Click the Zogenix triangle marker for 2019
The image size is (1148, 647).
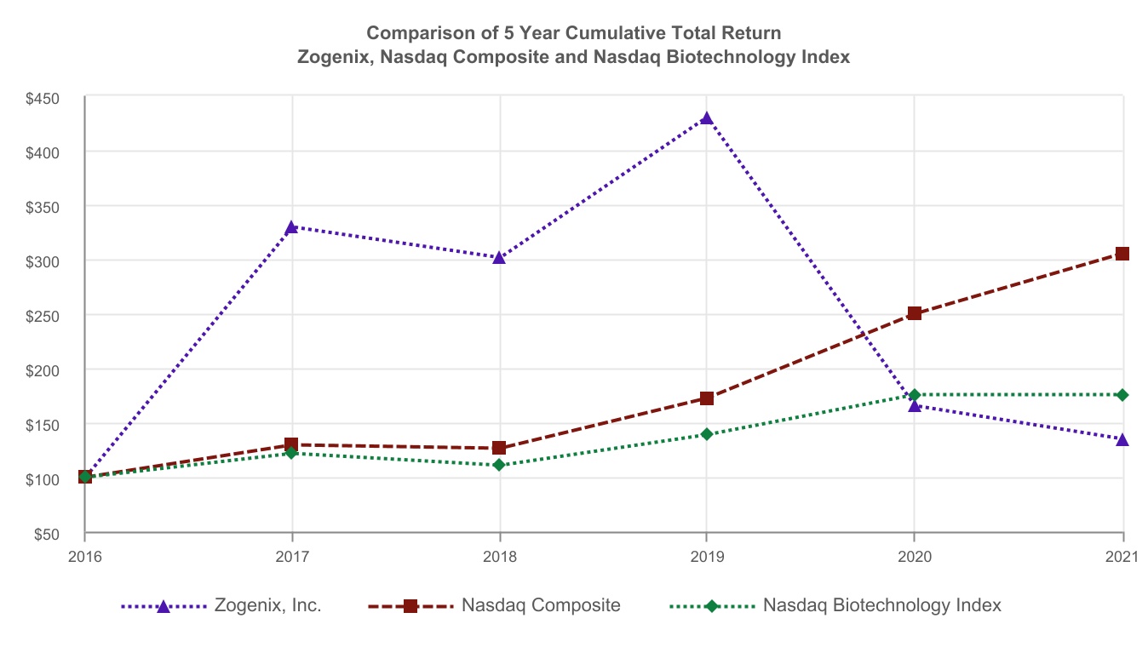[706, 118]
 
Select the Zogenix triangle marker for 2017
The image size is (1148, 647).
[291, 227]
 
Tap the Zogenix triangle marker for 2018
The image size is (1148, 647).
[499, 257]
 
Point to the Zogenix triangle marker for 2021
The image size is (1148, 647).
[1122, 439]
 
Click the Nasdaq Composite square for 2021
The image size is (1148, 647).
[1122, 254]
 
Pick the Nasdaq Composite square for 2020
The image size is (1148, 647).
[914, 313]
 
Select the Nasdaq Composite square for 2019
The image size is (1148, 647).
[706, 398]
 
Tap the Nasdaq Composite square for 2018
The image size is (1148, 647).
[499, 448]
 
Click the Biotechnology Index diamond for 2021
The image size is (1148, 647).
[1122, 395]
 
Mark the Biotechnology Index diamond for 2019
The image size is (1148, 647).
[706, 434]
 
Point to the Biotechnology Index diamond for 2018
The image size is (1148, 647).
[499, 465]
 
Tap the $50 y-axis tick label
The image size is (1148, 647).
[47, 534]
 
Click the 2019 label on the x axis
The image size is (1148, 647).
[706, 557]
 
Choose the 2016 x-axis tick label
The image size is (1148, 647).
[85, 557]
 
